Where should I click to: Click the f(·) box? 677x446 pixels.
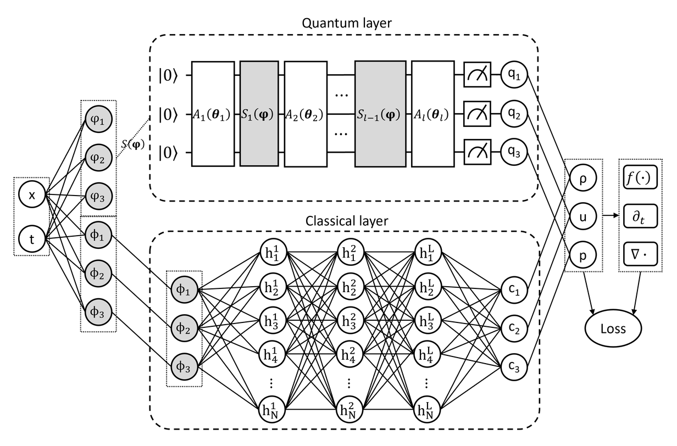point(639,179)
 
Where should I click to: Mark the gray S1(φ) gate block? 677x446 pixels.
point(259,114)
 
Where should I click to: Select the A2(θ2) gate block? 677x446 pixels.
point(303,114)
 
